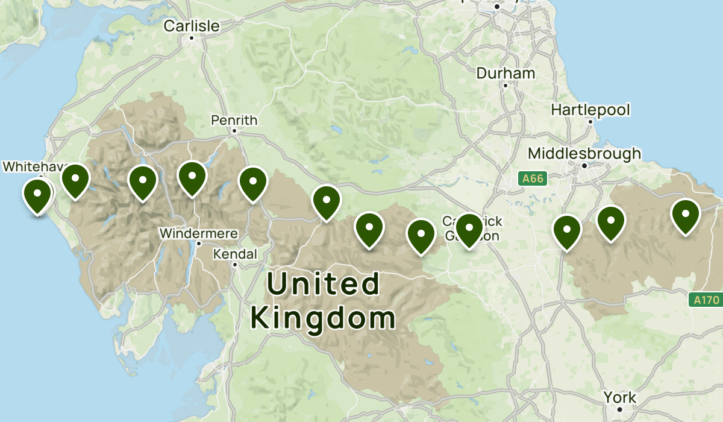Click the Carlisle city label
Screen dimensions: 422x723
pos(192,26)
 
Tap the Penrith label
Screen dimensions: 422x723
pos(234,121)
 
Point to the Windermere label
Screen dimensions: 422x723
pos(198,233)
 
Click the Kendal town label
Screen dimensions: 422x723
pos(235,254)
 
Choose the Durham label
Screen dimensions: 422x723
pos(505,74)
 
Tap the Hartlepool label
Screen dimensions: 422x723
pos(590,110)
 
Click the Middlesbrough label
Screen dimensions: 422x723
pos(584,154)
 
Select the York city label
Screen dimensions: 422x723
pos(620,398)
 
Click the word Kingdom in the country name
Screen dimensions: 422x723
pos(323,317)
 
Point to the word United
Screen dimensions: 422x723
pos(324,284)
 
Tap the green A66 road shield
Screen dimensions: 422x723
pos(532,178)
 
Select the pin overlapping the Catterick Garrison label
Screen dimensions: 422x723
pos(469,229)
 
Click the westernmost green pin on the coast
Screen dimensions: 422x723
pos(37,195)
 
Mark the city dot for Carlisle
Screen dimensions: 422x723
pos(192,38)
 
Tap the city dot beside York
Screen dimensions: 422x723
pos(620,409)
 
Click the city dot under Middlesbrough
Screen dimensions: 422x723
pos(584,165)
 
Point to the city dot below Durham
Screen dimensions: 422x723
pos(505,86)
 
